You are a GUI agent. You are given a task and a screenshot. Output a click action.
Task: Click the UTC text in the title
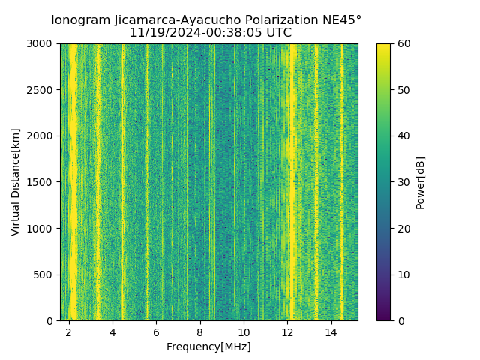point(277,33)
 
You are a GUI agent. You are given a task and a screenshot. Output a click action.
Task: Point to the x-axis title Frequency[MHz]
point(208,346)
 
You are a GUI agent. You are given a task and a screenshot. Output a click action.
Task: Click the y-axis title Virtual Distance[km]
point(16,182)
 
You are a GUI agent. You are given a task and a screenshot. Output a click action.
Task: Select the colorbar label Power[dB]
point(421,182)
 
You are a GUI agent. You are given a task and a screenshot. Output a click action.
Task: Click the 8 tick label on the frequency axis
point(200,331)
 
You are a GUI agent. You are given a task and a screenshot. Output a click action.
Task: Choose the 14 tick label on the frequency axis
point(331,331)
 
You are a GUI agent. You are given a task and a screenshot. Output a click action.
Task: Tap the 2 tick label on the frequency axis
point(69,331)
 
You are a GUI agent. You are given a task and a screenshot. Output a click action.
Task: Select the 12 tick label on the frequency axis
point(287,331)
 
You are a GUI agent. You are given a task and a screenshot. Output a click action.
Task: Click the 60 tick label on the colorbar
point(402,44)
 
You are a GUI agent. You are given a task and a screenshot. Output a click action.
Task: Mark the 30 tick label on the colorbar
point(402,182)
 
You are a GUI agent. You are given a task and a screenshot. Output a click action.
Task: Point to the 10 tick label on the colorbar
point(402,274)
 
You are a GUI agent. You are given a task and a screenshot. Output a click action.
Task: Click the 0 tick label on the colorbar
point(400,320)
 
